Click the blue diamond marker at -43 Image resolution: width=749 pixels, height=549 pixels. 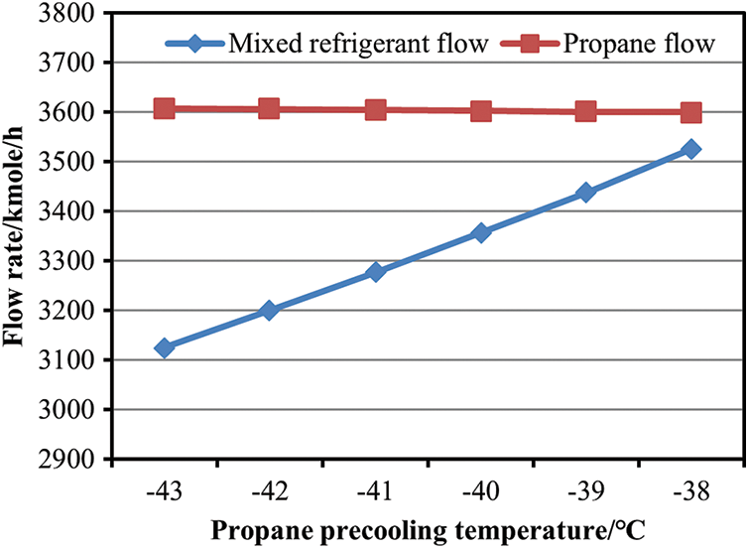click(x=165, y=348)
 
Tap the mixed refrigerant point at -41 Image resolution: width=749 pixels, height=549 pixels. click(x=375, y=272)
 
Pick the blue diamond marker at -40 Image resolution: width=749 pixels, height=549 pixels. click(x=480, y=233)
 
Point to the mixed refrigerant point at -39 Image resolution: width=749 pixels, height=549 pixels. click(x=585, y=193)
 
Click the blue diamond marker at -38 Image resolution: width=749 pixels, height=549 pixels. click(x=690, y=149)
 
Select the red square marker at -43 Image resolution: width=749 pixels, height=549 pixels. click(x=165, y=108)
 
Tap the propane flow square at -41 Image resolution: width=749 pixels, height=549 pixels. click(x=375, y=109)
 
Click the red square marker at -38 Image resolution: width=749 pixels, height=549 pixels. click(x=690, y=112)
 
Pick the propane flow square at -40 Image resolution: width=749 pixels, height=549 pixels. click(x=480, y=111)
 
